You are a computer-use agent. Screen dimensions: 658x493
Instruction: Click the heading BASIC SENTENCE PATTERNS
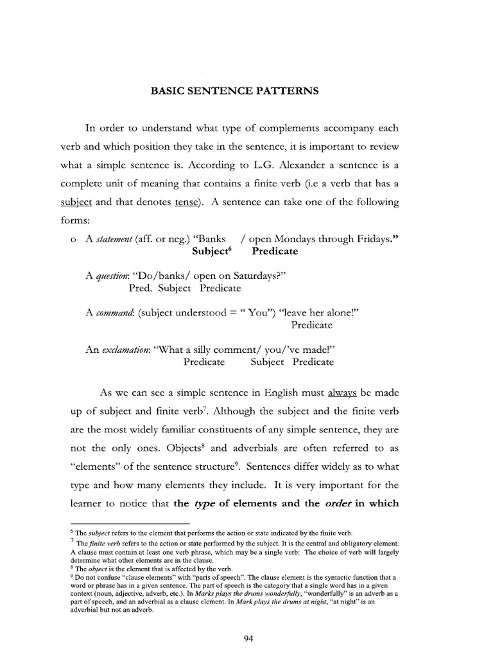234,91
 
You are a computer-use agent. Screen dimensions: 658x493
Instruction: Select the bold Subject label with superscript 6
211,251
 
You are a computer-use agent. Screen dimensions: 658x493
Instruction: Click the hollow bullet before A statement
74,240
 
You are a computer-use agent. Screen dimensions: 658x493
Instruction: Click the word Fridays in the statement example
374,240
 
